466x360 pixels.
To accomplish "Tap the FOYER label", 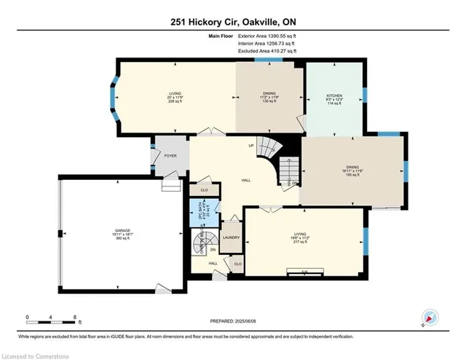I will point(170,155).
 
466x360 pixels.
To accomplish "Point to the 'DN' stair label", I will point(213,248).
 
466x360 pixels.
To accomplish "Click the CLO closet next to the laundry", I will point(238,263).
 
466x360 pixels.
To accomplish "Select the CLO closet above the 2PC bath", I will point(205,189).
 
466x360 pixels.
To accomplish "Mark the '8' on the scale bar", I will point(76,318).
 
